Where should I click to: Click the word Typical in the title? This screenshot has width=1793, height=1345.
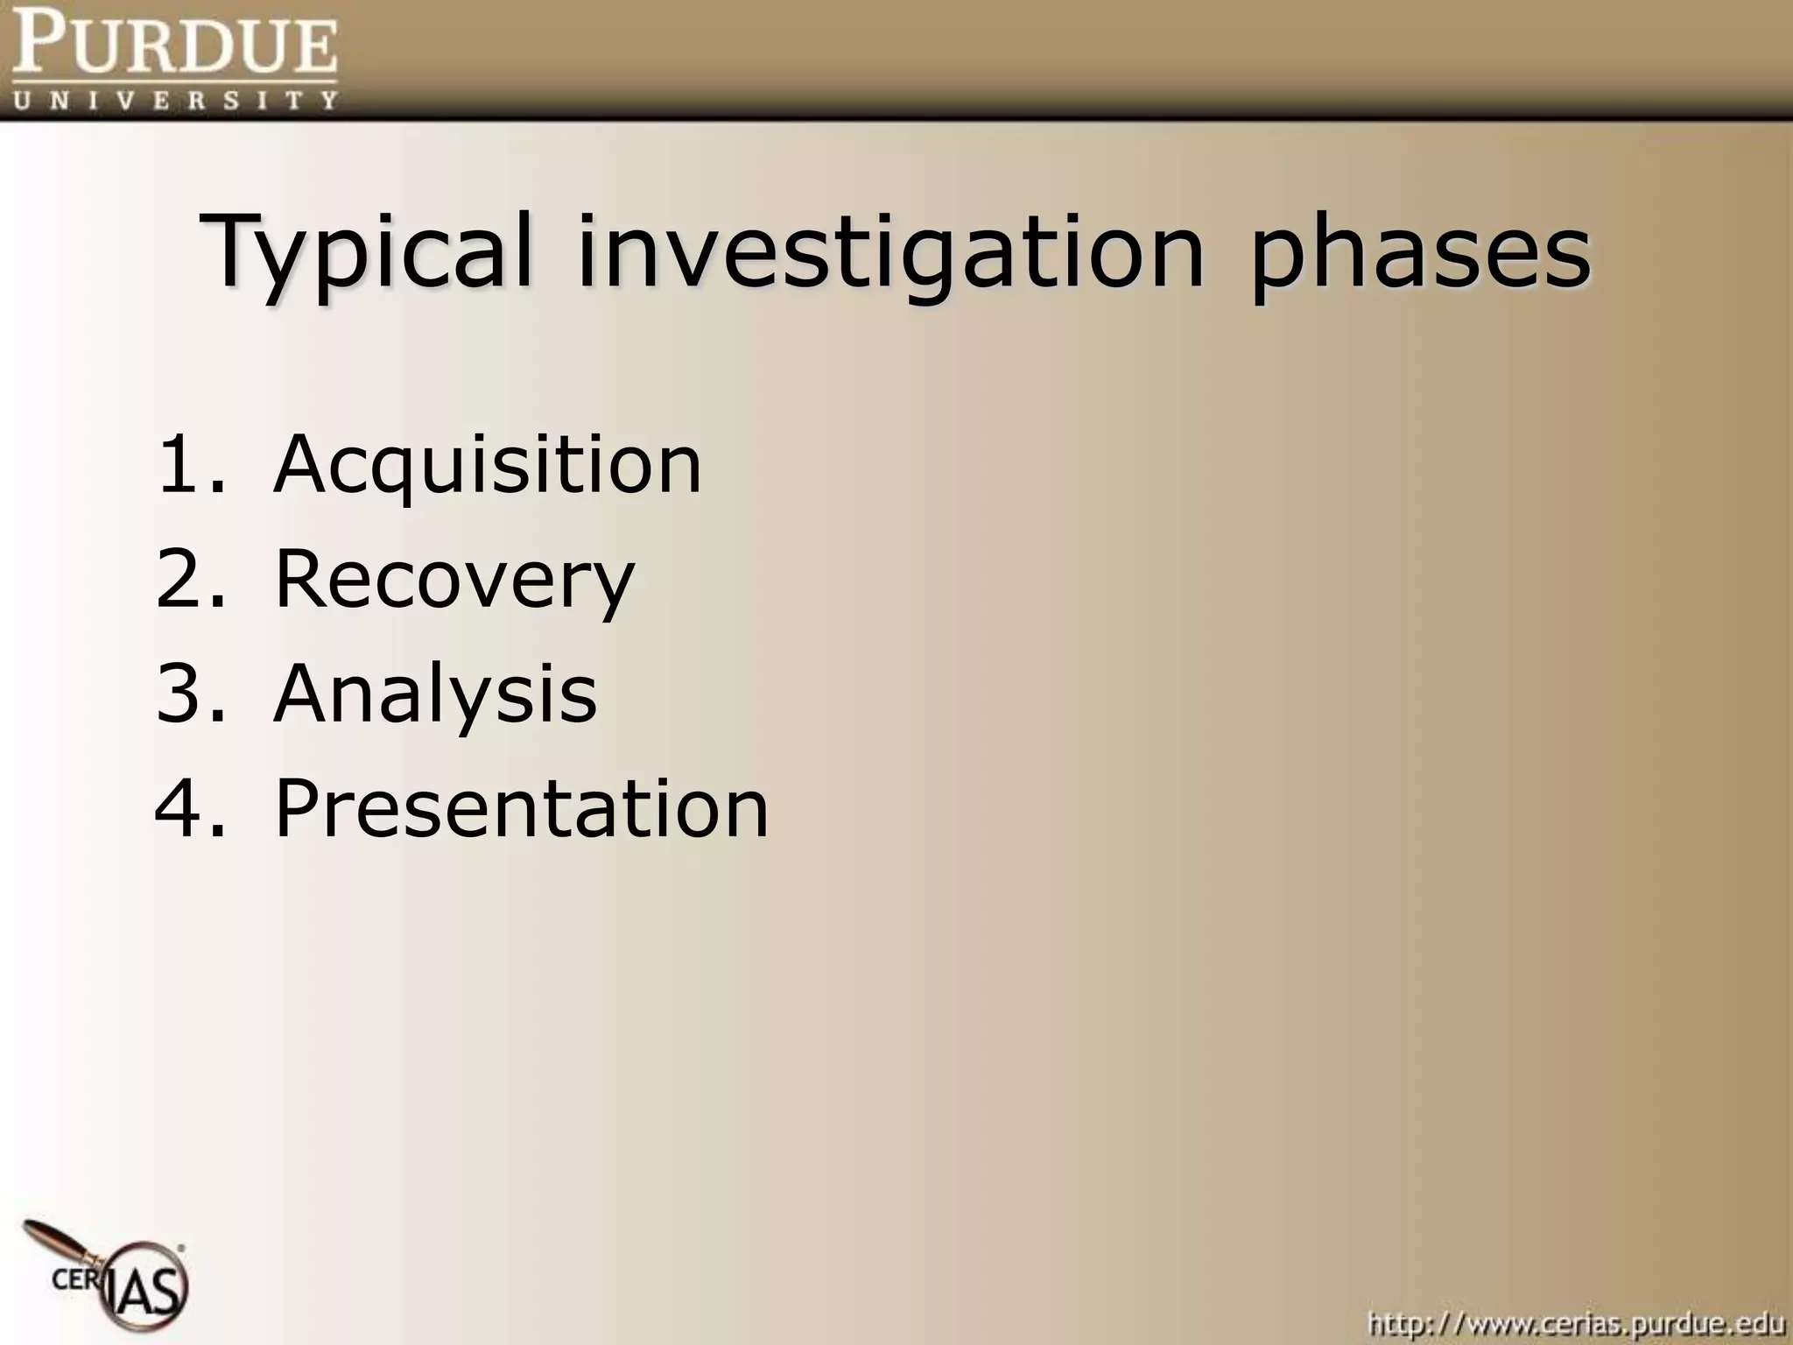pyautogui.click(x=368, y=254)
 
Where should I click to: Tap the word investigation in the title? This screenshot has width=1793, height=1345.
pyautogui.click(x=889, y=254)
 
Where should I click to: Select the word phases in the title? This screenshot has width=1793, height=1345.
pyautogui.click(x=1419, y=254)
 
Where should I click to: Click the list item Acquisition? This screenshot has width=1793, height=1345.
pyautogui.click(x=488, y=465)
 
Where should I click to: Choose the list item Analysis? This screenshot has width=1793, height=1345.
pyautogui.click(x=435, y=694)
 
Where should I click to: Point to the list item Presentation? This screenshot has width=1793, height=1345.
pyautogui.click(x=522, y=808)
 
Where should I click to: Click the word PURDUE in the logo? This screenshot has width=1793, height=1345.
pyautogui.click(x=175, y=46)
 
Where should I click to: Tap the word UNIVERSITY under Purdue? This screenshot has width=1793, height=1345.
pyautogui.click(x=175, y=99)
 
